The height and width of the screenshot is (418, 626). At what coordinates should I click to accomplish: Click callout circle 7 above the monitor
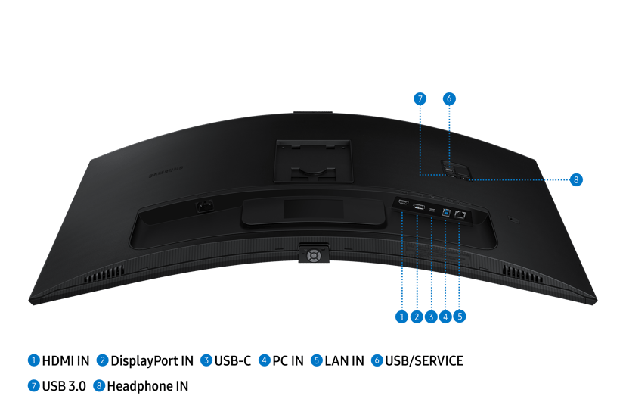[x=420, y=98]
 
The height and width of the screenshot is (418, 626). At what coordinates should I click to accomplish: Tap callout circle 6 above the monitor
[x=449, y=98]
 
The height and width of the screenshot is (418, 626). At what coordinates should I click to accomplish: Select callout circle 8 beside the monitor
[x=575, y=180]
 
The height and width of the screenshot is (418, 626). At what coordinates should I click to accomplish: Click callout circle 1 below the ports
[x=401, y=317]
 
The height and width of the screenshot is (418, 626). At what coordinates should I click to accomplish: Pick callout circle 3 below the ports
[x=431, y=317]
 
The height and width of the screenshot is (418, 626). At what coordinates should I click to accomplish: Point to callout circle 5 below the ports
[x=460, y=317]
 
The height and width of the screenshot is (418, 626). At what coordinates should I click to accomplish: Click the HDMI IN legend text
[x=66, y=360]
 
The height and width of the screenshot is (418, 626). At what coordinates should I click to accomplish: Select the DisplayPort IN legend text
[x=152, y=360]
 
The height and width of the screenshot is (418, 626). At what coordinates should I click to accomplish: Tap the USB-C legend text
[x=233, y=360]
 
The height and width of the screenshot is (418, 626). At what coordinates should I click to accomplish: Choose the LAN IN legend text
[x=344, y=360]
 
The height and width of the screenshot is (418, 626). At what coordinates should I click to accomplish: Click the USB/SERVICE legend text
[x=424, y=360]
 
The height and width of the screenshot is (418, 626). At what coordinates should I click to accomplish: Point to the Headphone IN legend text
[x=147, y=386]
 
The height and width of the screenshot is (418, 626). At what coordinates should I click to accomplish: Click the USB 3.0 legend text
[x=64, y=386]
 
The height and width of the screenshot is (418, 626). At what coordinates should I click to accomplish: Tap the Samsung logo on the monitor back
[x=166, y=172]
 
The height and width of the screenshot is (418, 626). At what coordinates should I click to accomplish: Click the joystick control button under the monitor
[x=314, y=254]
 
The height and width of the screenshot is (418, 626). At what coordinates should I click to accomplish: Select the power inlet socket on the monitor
[x=204, y=207]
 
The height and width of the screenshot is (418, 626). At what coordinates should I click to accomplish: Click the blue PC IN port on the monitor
[x=446, y=212]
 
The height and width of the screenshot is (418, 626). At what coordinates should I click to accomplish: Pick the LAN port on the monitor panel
[x=460, y=214]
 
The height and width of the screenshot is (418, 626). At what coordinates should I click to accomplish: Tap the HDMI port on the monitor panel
[x=403, y=202]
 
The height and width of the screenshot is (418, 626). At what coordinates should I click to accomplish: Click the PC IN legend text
[x=288, y=360]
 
